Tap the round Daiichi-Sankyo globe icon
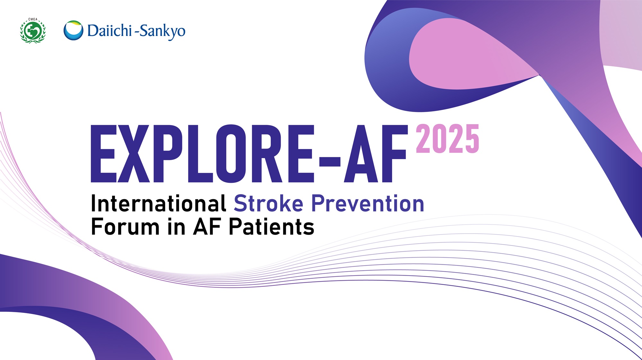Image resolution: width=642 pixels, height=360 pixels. pos(73,30)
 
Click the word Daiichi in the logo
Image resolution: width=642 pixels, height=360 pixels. pos(109,31)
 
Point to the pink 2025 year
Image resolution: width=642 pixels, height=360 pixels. pos(447,139)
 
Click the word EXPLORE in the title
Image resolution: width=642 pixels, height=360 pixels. pos(202,154)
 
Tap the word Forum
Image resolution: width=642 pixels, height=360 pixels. pos(125,227)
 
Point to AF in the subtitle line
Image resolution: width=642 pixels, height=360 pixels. pos(207,227)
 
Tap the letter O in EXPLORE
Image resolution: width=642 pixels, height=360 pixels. pos(231,154)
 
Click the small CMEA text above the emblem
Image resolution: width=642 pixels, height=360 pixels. pos(33,19)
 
